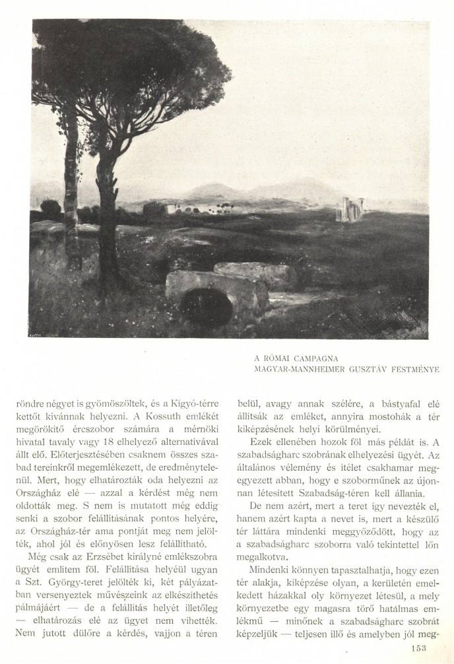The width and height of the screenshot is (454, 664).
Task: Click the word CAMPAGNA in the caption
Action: pyautogui.click(x=313, y=359)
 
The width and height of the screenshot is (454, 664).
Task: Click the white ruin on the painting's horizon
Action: pyautogui.click(x=350, y=211)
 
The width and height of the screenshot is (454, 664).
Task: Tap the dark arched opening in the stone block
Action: pyautogui.click(x=206, y=307)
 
